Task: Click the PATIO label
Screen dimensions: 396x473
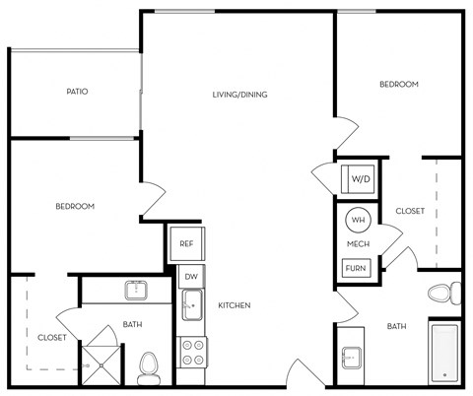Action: (77, 92)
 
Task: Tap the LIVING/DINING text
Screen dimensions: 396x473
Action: (239, 95)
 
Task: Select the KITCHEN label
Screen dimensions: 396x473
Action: (235, 306)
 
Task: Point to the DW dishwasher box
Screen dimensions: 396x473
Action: (191, 278)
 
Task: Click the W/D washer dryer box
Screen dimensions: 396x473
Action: (360, 180)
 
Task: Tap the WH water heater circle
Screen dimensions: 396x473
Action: (357, 221)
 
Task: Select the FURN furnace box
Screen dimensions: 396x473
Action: (356, 267)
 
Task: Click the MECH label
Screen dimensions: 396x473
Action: (357, 243)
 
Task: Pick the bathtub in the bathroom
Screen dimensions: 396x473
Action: (445, 351)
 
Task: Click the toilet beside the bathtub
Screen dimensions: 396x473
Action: (443, 294)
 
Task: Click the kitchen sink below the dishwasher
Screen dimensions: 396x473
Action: (192, 305)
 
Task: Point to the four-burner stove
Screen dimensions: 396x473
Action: (192, 353)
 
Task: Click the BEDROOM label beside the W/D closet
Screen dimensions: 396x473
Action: (399, 85)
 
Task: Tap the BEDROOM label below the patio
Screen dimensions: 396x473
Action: (74, 206)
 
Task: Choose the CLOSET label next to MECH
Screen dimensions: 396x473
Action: (410, 211)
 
